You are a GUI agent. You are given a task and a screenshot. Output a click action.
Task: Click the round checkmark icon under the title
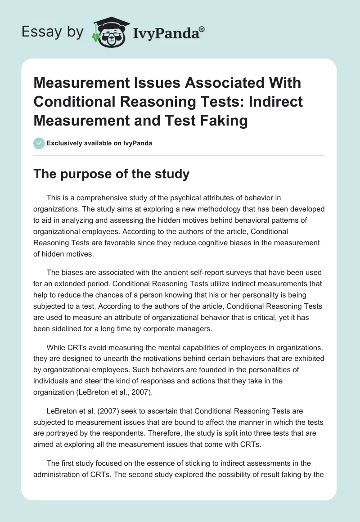(x=39, y=143)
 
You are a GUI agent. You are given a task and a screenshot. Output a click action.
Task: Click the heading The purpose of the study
(x=111, y=174)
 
